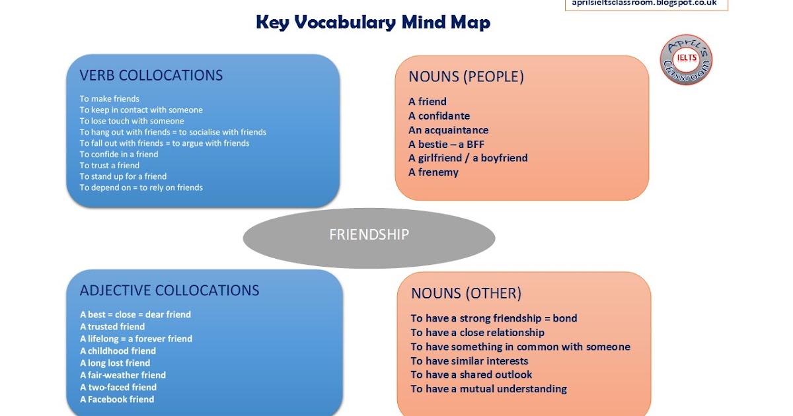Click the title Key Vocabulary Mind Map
click(x=373, y=23)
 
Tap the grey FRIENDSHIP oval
click(x=369, y=234)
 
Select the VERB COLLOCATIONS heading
click(x=151, y=75)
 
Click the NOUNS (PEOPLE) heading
click(x=466, y=77)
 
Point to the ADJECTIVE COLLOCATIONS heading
click(x=169, y=291)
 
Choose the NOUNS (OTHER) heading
click(x=466, y=293)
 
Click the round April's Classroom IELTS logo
click(x=686, y=59)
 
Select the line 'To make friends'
click(x=110, y=99)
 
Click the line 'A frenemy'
click(x=434, y=172)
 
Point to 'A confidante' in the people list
click(x=439, y=116)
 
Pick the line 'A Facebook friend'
click(x=117, y=399)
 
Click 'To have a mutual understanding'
click(x=488, y=389)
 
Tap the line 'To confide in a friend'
click(x=119, y=155)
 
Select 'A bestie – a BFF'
click(x=447, y=144)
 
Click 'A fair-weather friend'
click(x=123, y=375)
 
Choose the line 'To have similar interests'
click(x=469, y=361)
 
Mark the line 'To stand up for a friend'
click(x=123, y=176)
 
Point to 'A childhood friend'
click(x=118, y=351)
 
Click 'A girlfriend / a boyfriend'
click(x=468, y=158)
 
